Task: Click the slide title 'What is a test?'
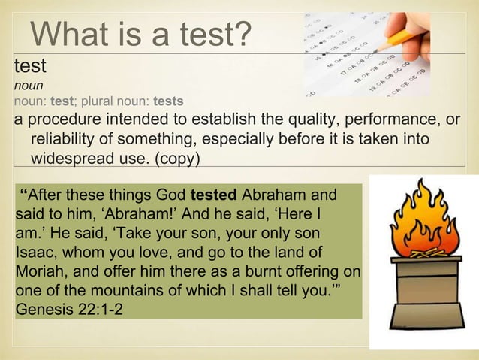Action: point(140,33)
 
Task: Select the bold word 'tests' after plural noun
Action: point(168,100)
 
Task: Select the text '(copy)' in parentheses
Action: point(179,160)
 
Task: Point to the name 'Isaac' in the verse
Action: point(35,253)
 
